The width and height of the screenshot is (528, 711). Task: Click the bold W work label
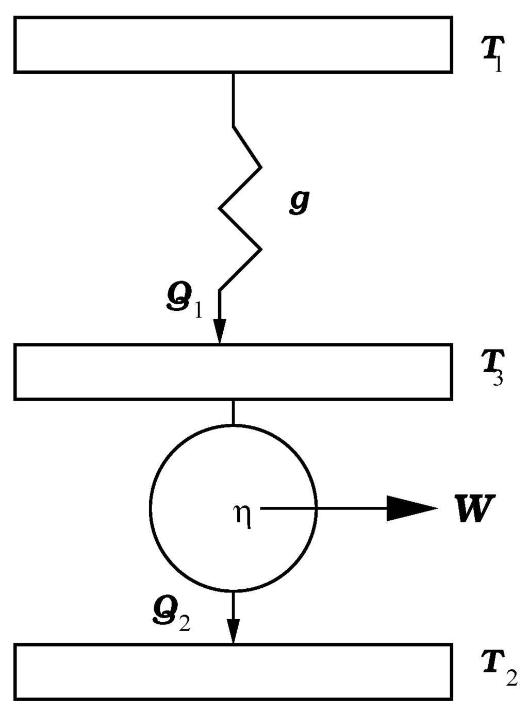[474, 509]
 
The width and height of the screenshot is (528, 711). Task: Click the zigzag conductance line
[240, 208]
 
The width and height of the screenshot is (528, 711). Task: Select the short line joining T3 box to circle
[234, 411]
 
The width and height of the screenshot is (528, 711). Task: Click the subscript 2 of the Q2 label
[184, 623]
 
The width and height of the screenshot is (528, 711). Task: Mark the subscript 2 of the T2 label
[511, 678]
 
